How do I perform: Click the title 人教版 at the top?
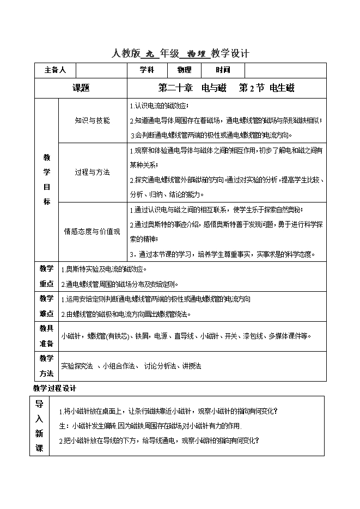[x=125, y=54]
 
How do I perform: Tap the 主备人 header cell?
[x=54, y=70]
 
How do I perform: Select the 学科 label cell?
[x=147, y=70]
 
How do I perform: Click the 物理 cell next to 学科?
[x=184, y=70]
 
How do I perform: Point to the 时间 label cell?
[x=222, y=70]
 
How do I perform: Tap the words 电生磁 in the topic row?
[x=282, y=88]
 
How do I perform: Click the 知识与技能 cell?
[x=92, y=120]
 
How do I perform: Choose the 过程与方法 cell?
[x=92, y=172]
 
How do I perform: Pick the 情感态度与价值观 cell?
[x=92, y=231]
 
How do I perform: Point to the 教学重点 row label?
[x=46, y=276]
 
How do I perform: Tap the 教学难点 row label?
[x=46, y=306]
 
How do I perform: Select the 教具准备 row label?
[x=46, y=335]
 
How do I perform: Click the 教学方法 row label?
[x=46, y=366]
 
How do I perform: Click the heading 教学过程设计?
[x=54, y=389]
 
